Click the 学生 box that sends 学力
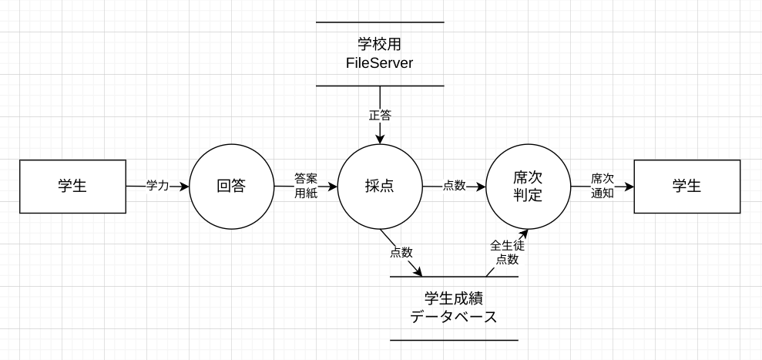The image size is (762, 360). pos(72,186)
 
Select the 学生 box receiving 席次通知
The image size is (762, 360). pos(686,186)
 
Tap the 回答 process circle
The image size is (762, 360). pos(231,186)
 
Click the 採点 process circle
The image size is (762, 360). pos(380,186)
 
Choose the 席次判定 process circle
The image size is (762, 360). pos(528,186)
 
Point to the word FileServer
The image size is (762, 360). pos(380,62)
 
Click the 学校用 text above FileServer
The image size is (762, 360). pos(380,45)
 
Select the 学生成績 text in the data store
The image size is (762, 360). pos(454,298)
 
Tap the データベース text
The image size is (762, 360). pos(454,317)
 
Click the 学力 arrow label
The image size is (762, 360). pos(157,186)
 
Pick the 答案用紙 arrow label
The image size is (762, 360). pos(306,186)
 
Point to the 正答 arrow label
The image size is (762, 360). pos(380,116)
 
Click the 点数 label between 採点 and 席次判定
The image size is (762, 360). pos(454,186)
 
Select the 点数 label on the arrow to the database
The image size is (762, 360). pos(401,252)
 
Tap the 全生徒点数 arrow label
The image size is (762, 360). pos(507,252)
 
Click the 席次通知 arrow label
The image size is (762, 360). pos(603,186)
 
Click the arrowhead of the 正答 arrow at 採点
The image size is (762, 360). pos(380,140)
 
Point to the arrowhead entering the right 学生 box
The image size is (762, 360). pos(629,186)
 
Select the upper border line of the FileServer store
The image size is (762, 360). pos(380,22)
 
